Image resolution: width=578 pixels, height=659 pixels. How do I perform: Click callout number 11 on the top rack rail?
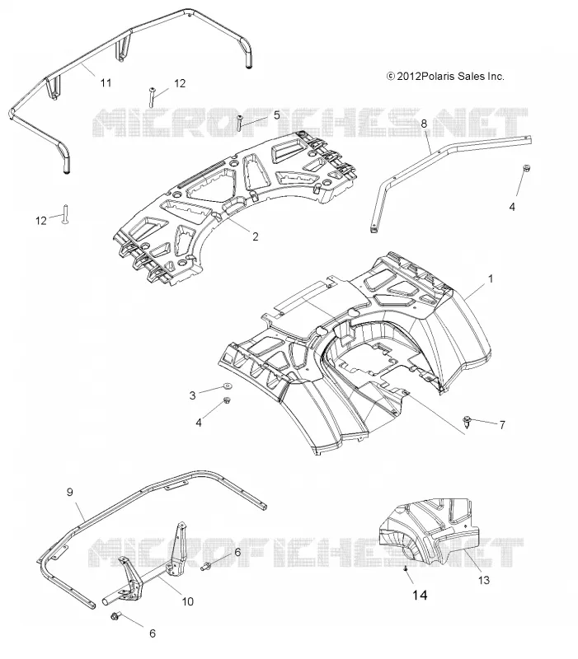[106, 83]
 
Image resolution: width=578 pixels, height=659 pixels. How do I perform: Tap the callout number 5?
[276, 115]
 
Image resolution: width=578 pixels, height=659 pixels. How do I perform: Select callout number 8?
[424, 123]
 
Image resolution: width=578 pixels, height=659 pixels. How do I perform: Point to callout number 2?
[256, 236]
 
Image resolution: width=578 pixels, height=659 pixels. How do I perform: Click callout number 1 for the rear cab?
[490, 278]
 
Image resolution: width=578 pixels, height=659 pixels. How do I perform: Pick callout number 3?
[192, 395]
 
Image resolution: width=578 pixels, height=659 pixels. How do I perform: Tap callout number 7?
[502, 425]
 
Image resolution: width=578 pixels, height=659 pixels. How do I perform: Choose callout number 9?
[70, 492]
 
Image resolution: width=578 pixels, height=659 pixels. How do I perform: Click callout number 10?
[188, 601]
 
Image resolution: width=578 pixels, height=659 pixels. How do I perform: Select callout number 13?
[484, 581]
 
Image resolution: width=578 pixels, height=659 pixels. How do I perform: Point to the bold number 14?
[420, 595]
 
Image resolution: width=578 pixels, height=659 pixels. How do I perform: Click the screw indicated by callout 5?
[240, 123]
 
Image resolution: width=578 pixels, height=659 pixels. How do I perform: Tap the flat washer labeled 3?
[228, 385]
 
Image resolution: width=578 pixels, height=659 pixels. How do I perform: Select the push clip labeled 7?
[468, 422]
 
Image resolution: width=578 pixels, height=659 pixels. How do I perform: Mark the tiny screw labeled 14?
[405, 568]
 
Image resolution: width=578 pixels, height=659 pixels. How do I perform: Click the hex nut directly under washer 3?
[227, 400]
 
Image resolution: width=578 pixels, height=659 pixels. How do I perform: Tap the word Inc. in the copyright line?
[496, 77]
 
